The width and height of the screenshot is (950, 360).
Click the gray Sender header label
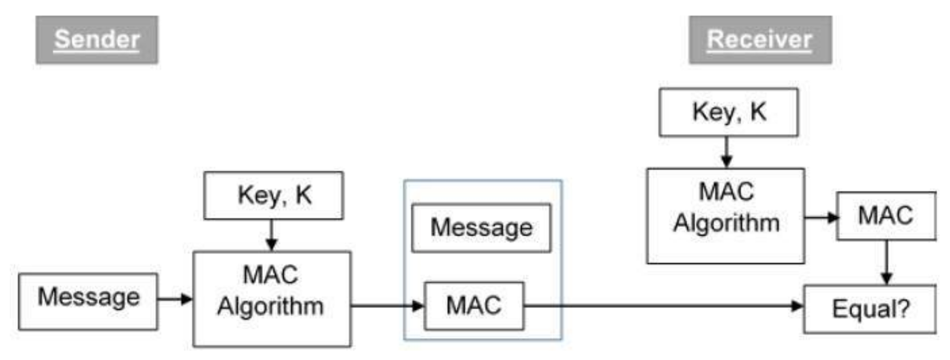[x=97, y=40]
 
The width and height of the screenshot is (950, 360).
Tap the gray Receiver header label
[x=761, y=40]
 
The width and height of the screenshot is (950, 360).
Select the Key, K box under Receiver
[x=729, y=112]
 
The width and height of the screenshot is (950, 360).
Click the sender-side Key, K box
[x=274, y=195]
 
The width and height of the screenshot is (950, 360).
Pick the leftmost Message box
[x=88, y=301]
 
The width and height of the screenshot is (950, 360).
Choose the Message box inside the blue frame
[x=481, y=228]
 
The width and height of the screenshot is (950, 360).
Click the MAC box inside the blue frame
[x=474, y=306]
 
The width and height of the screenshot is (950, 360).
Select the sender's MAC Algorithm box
[x=272, y=299]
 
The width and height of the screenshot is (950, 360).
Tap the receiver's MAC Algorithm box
[x=726, y=216]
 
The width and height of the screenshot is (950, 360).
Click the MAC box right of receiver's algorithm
[x=886, y=216]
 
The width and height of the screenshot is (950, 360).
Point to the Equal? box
[x=870, y=309]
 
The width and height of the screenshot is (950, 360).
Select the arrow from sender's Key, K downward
[x=272, y=236]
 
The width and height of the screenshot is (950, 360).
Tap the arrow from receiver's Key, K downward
[x=727, y=152]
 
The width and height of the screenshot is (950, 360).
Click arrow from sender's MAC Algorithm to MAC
[x=388, y=306]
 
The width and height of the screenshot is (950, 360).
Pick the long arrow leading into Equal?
[x=664, y=306]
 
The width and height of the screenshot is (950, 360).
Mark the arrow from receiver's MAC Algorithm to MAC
[x=821, y=218]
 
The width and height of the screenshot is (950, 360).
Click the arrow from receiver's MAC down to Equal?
[x=887, y=263]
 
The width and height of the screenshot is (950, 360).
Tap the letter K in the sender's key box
[x=304, y=195]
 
